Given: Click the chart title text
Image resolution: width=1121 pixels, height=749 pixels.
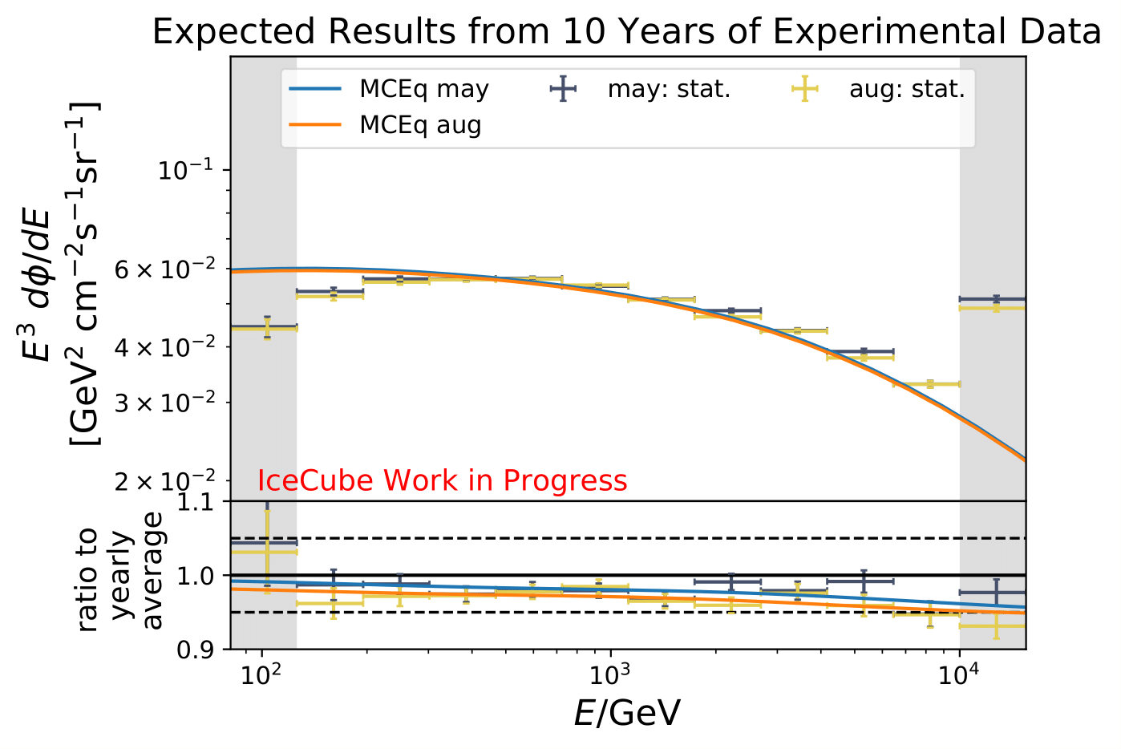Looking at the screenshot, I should [626, 32].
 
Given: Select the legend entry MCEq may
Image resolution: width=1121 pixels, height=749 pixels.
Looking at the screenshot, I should [423, 89].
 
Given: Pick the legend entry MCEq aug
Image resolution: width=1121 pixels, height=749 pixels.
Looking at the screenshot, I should [420, 125].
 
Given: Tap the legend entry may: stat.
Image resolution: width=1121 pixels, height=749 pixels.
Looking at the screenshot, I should [669, 89].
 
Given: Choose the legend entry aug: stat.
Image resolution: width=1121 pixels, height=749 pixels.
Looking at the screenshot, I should [907, 89].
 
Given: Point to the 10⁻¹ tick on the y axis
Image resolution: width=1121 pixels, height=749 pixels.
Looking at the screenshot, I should [191, 171].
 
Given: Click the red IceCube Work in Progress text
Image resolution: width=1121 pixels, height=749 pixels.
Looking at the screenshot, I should [442, 480].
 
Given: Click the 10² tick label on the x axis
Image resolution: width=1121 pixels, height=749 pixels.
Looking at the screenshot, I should [261, 675].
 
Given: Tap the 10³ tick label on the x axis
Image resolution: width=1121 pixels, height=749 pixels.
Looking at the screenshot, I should [610, 675].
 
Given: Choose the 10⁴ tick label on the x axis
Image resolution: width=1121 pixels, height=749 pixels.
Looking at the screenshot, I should [960, 675].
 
